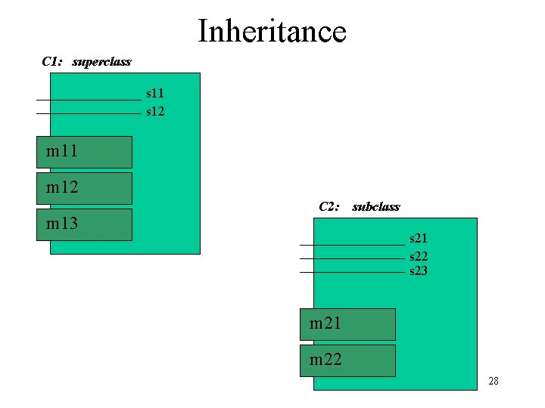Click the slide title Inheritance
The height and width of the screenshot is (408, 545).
(x=272, y=32)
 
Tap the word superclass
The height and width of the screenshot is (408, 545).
(x=101, y=61)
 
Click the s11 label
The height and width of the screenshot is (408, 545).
(x=155, y=94)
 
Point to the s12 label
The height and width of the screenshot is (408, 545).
(x=155, y=112)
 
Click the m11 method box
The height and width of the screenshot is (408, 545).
(x=84, y=152)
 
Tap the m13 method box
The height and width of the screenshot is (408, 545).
(x=84, y=224)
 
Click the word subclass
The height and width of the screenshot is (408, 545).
(x=376, y=206)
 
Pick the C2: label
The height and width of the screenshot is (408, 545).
(x=330, y=206)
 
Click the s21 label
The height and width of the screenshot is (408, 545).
(x=419, y=239)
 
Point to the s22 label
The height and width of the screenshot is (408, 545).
(x=419, y=257)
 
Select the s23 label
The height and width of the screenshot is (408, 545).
(x=419, y=270)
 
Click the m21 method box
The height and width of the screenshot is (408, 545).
(x=347, y=324)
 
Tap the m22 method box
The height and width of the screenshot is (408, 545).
(x=347, y=360)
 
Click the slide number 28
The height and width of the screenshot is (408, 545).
(x=494, y=381)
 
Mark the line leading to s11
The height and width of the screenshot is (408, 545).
(x=89, y=100)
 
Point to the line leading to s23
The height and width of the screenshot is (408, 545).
(x=352, y=272)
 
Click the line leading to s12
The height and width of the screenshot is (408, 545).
(x=89, y=113)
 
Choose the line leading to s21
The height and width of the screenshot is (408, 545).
(x=352, y=245)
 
